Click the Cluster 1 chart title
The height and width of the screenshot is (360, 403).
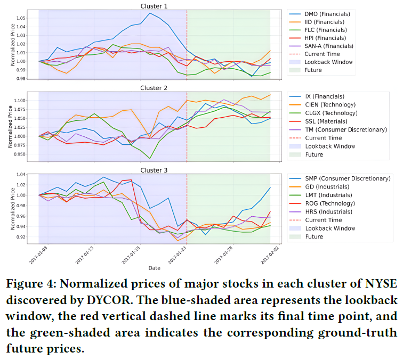(154, 6)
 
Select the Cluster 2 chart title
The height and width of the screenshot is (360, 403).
(154, 88)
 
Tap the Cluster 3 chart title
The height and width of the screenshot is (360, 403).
(154, 170)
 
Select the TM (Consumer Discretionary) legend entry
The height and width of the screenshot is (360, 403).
(347, 129)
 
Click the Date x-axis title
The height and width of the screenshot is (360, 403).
(154, 268)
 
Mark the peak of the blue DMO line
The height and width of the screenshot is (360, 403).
(150, 13)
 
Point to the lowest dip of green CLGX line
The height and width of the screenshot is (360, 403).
(150, 159)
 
